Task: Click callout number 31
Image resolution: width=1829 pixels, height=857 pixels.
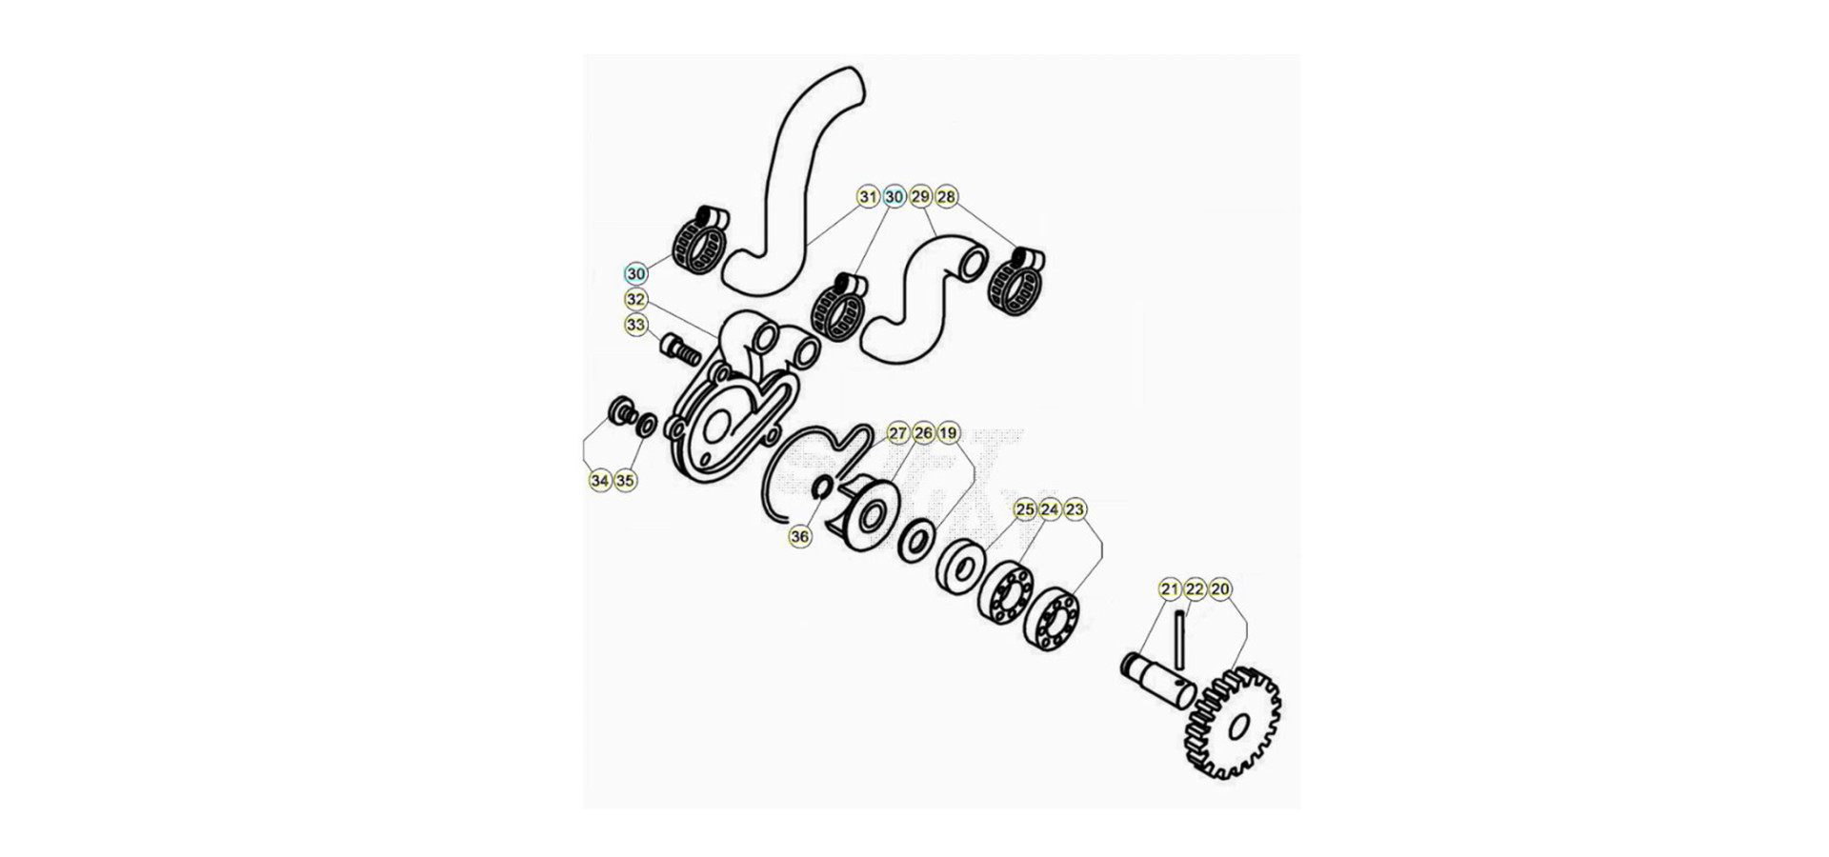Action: [867, 197]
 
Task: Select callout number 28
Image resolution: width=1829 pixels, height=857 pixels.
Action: [946, 197]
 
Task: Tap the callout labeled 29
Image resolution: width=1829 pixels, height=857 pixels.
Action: [920, 197]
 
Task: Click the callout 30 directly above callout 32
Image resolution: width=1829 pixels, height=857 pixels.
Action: [635, 274]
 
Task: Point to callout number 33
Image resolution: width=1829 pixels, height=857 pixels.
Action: [635, 325]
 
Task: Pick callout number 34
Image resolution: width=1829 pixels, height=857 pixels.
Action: [599, 481]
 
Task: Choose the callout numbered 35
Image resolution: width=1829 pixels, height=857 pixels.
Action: [624, 481]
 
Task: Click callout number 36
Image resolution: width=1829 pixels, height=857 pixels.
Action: [799, 537]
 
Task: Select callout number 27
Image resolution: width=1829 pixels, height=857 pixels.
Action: [897, 433]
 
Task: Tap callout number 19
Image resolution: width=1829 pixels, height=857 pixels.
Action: [948, 433]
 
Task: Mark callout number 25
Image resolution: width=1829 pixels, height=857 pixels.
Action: [1024, 509]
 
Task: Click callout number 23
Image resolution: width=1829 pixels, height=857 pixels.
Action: [1075, 509]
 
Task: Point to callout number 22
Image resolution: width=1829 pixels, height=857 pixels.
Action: [1195, 589]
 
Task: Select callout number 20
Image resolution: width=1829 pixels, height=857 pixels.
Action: [1219, 589]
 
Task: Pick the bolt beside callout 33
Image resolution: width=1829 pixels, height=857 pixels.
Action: [680, 350]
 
